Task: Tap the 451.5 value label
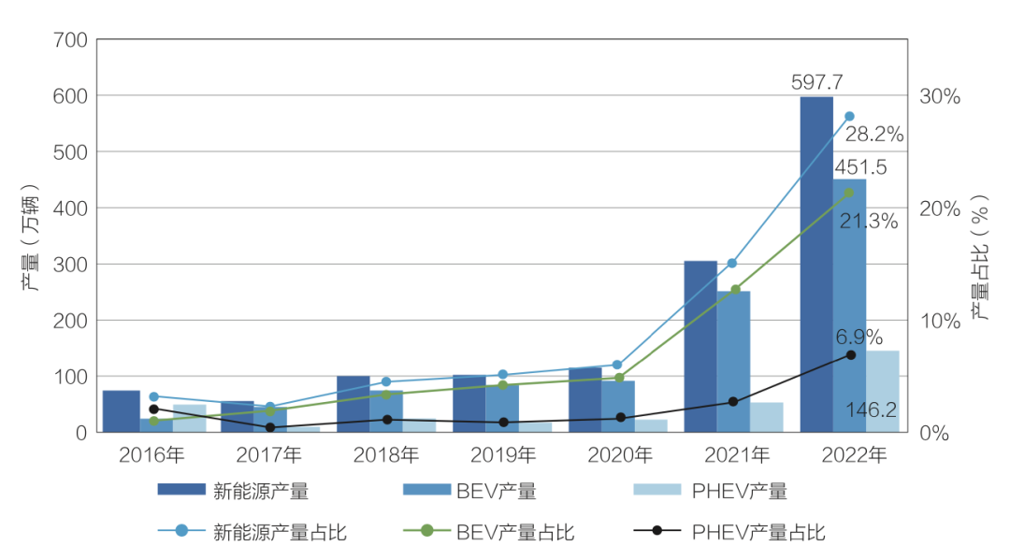860,167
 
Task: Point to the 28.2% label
874,135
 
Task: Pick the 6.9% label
858,337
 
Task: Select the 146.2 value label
872,409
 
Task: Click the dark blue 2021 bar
700,346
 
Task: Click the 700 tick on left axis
71,40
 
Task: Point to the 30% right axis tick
940,96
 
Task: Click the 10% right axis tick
940,321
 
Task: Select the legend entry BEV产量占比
514,532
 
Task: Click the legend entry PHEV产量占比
757,532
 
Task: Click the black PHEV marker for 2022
850,355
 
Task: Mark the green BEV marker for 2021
735,290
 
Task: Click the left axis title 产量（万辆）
31,237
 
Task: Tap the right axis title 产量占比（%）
979,258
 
